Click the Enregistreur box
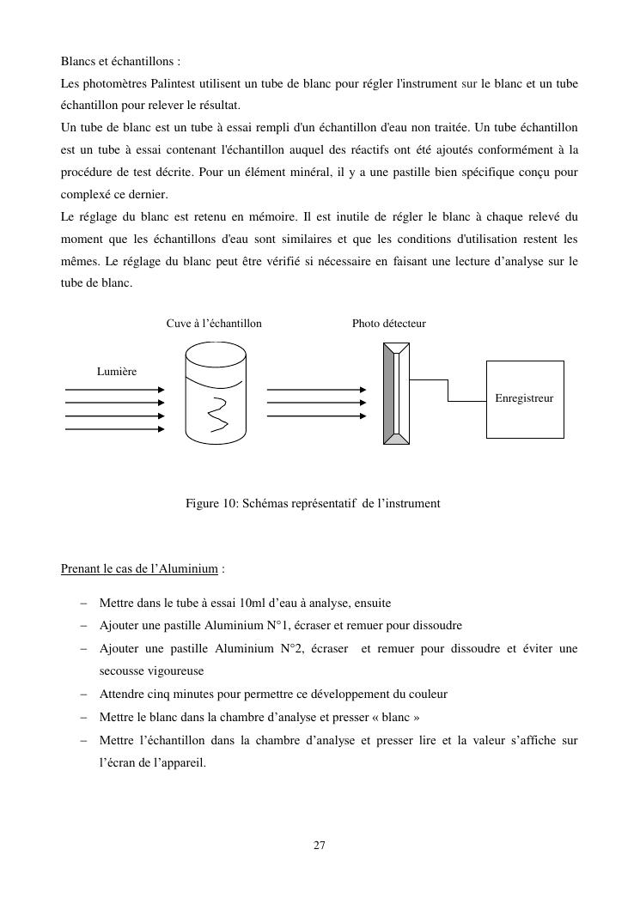click(525, 398)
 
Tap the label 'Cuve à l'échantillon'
click(214, 324)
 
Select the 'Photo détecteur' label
click(388, 324)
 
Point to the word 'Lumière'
click(117, 371)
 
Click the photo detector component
click(396, 392)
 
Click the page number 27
click(319, 846)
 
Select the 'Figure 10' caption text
click(313, 503)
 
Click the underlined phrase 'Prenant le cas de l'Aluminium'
click(139, 568)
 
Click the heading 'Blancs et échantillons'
click(120, 62)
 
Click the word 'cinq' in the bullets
click(158, 694)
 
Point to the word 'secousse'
click(121, 670)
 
